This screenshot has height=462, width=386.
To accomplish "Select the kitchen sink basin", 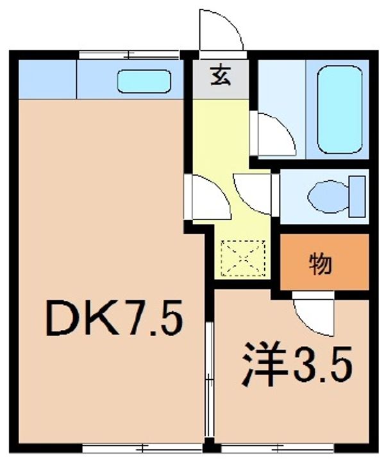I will coord(144,81).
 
